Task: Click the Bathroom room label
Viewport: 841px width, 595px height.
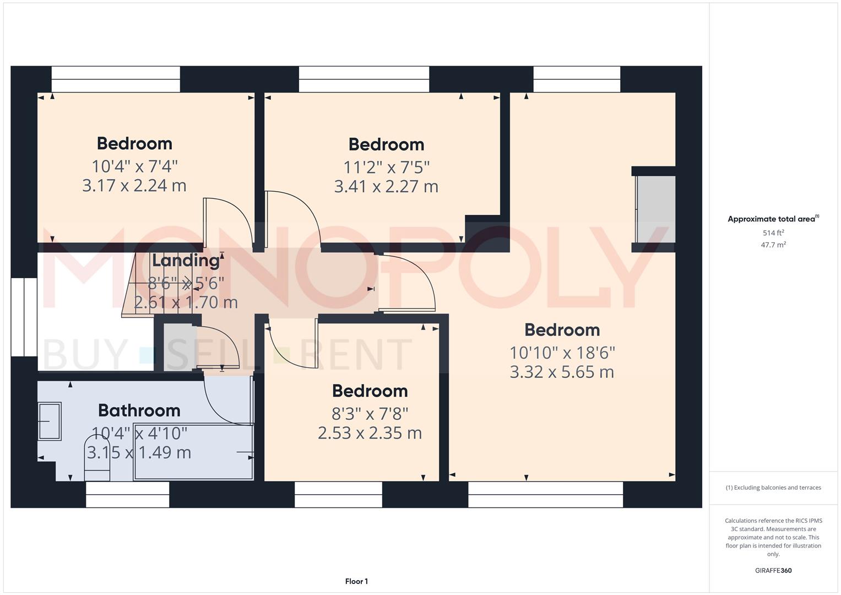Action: point(139,410)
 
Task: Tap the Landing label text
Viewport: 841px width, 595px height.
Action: point(186,260)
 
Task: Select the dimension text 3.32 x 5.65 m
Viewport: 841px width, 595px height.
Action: point(562,372)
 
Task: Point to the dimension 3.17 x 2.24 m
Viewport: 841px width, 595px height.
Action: point(134,186)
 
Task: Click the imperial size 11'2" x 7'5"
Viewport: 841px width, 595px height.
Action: point(386,167)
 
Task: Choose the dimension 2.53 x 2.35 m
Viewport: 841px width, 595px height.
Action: point(370,432)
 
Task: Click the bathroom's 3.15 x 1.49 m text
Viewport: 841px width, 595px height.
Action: point(139,452)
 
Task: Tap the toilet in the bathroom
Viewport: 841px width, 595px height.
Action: point(97,458)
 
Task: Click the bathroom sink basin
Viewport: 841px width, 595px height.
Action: point(50,421)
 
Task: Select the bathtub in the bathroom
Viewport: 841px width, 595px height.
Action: point(193,452)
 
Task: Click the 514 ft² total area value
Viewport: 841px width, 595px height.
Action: point(773,232)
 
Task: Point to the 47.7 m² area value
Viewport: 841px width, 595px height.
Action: point(773,245)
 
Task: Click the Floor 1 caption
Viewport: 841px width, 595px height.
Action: point(356,581)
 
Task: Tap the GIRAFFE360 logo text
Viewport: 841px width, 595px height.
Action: point(773,570)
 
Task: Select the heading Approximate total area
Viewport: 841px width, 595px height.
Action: point(772,219)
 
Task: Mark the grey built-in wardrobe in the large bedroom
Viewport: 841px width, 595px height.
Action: point(655,209)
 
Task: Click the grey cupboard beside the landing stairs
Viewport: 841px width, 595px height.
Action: point(180,348)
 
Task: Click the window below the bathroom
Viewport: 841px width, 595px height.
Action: point(128,495)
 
